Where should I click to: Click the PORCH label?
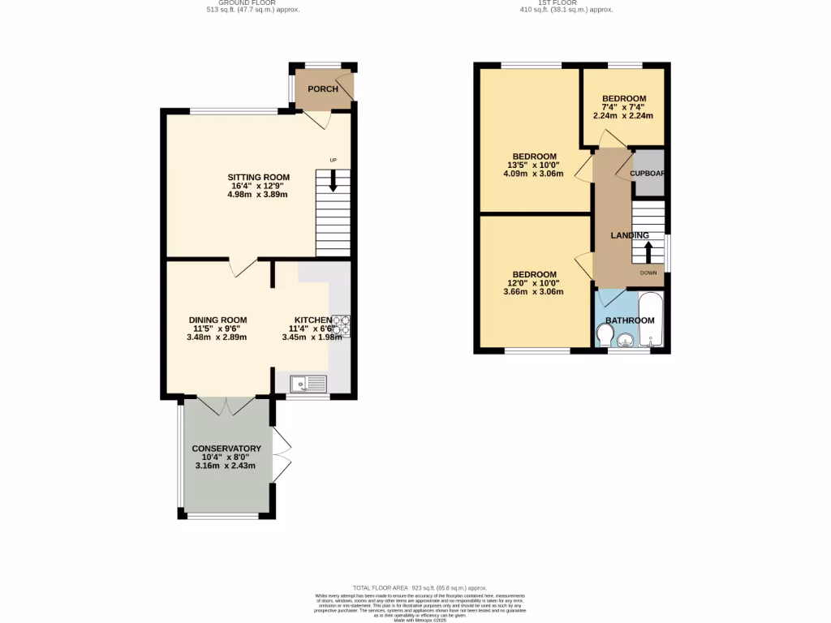(323, 89)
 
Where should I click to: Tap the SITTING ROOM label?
(258, 178)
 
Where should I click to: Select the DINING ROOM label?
(217, 320)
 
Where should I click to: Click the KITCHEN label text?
(312, 320)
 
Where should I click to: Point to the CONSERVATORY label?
(226, 449)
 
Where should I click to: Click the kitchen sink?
(308, 382)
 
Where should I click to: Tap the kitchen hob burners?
(340, 324)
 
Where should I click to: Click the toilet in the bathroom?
(605, 334)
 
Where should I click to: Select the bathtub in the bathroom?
(651, 321)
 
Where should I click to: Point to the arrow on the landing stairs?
(648, 250)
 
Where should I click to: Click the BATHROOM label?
(630, 320)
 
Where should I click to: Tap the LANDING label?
(630, 236)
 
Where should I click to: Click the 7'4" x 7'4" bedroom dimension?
(623, 107)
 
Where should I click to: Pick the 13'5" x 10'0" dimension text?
(533, 165)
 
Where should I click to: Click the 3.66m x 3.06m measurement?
(533, 292)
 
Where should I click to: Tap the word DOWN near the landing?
(648, 273)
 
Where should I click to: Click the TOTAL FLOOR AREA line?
(420, 587)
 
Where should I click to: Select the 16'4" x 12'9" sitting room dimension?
(258, 187)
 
